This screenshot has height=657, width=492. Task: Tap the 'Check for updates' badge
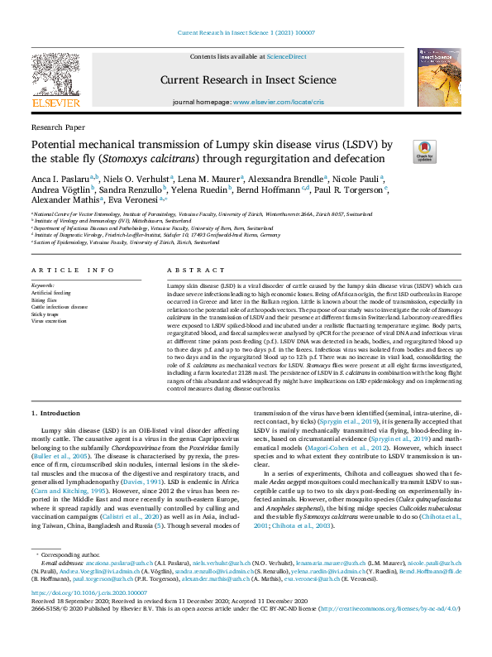(x=424, y=151)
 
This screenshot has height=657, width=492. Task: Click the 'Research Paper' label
(x=57, y=128)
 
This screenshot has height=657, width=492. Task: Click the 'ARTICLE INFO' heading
(x=73, y=271)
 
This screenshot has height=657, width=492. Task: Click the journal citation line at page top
(x=246, y=32)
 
